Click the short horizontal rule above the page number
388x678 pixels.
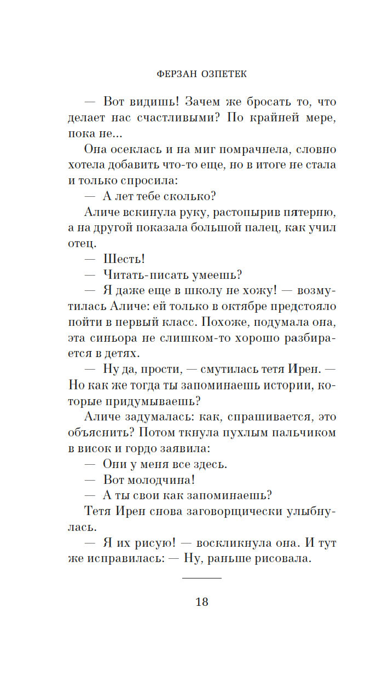201,578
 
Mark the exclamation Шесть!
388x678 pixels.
124,259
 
